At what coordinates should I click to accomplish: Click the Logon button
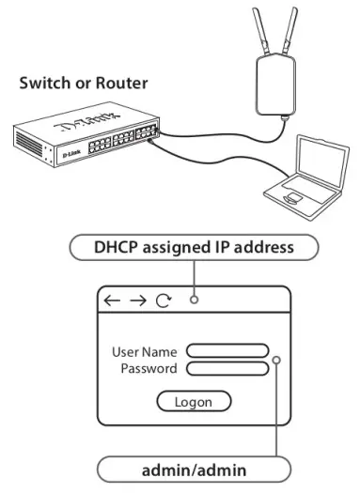[193, 401]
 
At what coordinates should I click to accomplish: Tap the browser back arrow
[113, 300]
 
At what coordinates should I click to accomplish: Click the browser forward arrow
[138, 300]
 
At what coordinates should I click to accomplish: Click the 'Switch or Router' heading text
[84, 84]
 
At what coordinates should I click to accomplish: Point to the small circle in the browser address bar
[193, 300]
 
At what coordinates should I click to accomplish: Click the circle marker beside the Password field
[276, 360]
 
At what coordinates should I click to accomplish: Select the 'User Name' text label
[145, 351]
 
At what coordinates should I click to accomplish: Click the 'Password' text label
[149, 368]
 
